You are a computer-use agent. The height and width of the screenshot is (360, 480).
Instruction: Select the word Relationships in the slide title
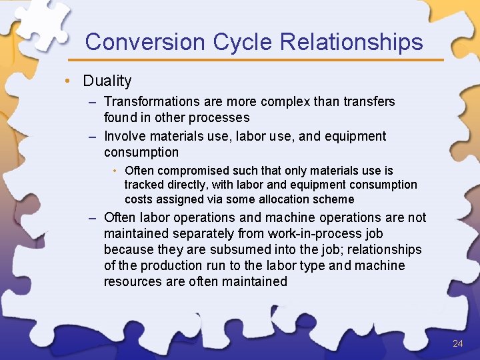point(351,42)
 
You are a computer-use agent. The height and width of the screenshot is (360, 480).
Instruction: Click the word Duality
point(107,81)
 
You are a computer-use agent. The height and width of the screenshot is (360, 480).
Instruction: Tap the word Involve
point(125,136)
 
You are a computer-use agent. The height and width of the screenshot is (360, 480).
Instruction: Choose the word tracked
point(143,185)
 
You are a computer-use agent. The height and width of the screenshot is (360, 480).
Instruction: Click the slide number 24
point(457,343)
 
